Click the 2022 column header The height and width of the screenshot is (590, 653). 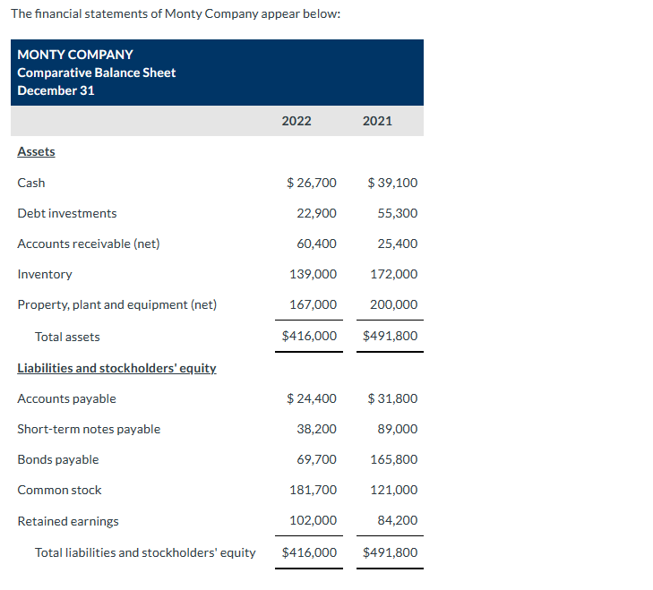tap(296, 121)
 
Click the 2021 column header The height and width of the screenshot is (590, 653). tap(377, 121)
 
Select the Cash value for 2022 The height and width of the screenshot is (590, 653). tap(312, 183)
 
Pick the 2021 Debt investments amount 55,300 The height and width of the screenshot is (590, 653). tap(397, 213)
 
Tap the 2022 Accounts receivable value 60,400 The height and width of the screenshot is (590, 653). tap(316, 244)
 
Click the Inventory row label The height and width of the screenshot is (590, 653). tap(45, 274)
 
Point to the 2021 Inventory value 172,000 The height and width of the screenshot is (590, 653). tap(393, 274)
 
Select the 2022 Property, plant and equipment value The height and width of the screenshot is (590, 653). tap(313, 304)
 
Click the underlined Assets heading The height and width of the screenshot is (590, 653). tap(36, 151)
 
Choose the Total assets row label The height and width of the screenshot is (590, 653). tap(67, 337)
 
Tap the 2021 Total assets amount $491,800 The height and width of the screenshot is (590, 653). tap(390, 337)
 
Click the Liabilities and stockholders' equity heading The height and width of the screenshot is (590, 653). tap(116, 368)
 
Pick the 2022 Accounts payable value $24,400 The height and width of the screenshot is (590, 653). tap(312, 398)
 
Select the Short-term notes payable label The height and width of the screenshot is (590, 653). tap(89, 429)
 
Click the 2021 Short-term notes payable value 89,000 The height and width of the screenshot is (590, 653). tap(397, 429)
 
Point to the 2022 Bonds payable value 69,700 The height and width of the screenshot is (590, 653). tap(316, 459)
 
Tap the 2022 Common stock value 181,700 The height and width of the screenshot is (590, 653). tap(313, 490)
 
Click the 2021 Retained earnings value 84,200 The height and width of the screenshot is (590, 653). tap(397, 520)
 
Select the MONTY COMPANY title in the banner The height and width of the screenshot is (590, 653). tap(75, 55)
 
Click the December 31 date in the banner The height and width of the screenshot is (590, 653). tap(56, 90)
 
